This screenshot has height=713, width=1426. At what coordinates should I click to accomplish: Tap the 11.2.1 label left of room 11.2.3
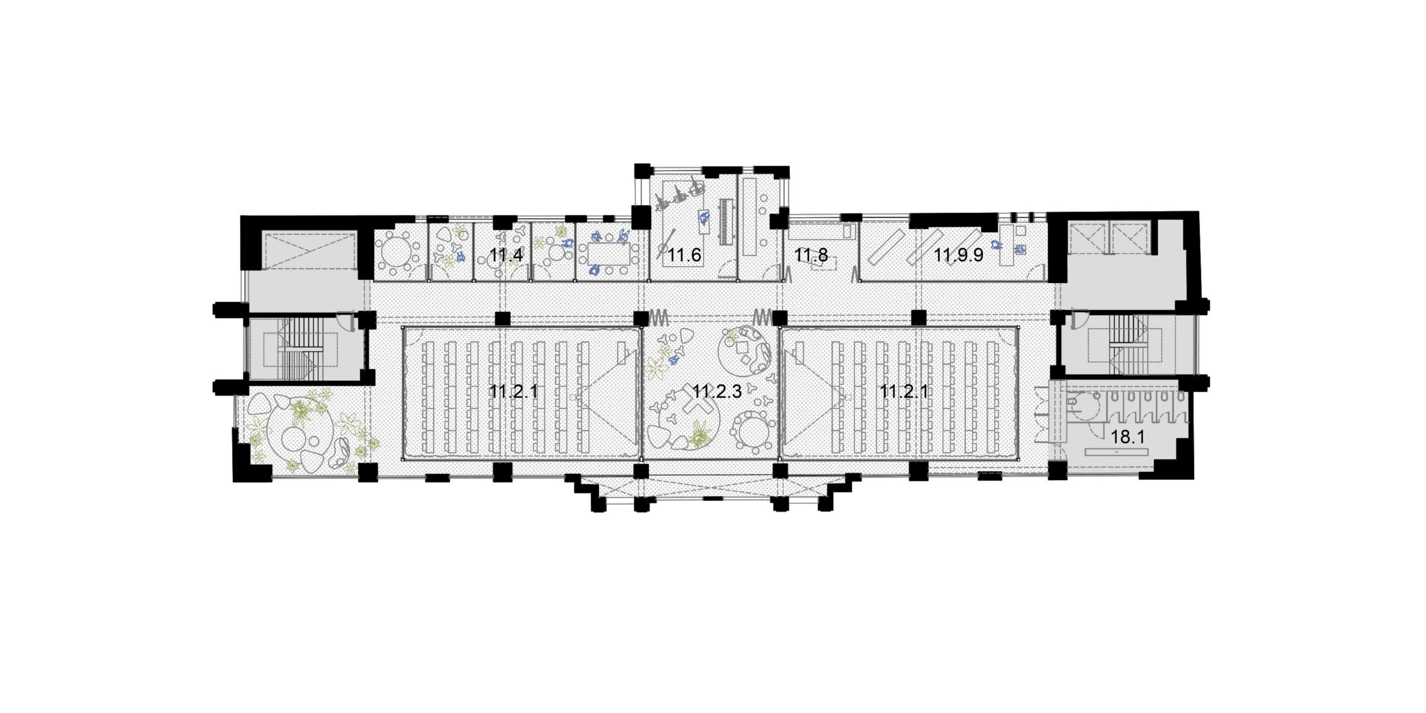[x=514, y=392]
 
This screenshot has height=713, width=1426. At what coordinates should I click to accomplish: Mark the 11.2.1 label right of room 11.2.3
[x=904, y=392]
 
